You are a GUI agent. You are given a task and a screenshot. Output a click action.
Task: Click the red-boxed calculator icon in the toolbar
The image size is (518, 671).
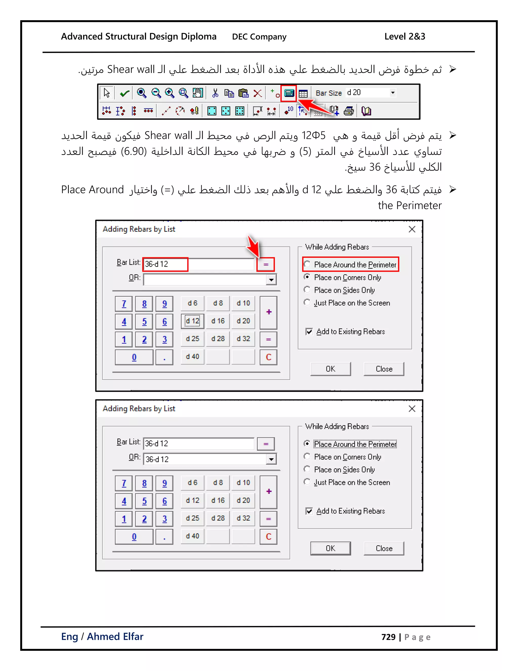pyautogui.click(x=289, y=93)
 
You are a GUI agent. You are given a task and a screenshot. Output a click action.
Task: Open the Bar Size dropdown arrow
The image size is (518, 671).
pyautogui.click(x=393, y=93)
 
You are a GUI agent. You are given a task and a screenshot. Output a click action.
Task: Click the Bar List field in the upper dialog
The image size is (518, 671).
pyautogui.click(x=198, y=264)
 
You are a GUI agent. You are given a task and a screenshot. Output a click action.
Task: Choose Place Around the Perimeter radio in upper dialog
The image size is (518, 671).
pyautogui.click(x=307, y=264)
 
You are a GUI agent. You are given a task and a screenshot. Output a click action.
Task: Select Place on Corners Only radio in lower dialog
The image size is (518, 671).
pyautogui.click(x=307, y=457)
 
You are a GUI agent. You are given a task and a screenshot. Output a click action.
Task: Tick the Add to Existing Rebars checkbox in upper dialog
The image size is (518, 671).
pyautogui.click(x=309, y=331)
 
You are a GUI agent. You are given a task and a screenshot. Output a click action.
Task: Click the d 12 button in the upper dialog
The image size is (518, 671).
pyautogui.click(x=192, y=321)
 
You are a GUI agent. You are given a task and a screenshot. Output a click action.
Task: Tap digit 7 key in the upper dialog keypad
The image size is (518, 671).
pyautogui.click(x=124, y=304)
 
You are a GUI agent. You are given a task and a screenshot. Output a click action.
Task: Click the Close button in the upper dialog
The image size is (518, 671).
pyautogui.click(x=384, y=369)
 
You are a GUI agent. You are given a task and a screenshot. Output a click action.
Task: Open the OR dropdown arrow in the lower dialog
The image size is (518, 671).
pyautogui.click(x=271, y=459)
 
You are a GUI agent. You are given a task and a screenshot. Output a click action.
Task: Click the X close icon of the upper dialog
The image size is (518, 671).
pyautogui.click(x=412, y=229)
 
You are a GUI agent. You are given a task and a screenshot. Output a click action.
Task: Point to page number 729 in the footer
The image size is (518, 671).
pyautogui.click(x=388, y=637)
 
